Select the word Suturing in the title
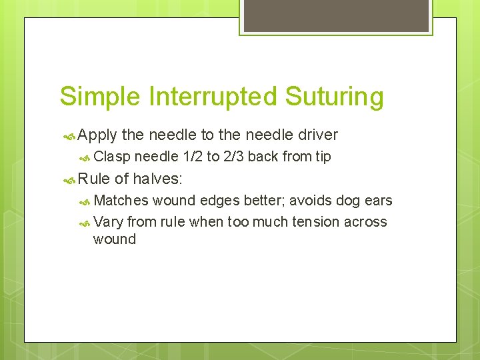[335, 97]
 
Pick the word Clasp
[112, 157]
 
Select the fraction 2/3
[233, 157]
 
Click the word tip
[323, 157]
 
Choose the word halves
[157, 179]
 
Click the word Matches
[121, 201]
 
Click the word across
[365, 221]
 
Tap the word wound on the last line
[115, 239]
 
